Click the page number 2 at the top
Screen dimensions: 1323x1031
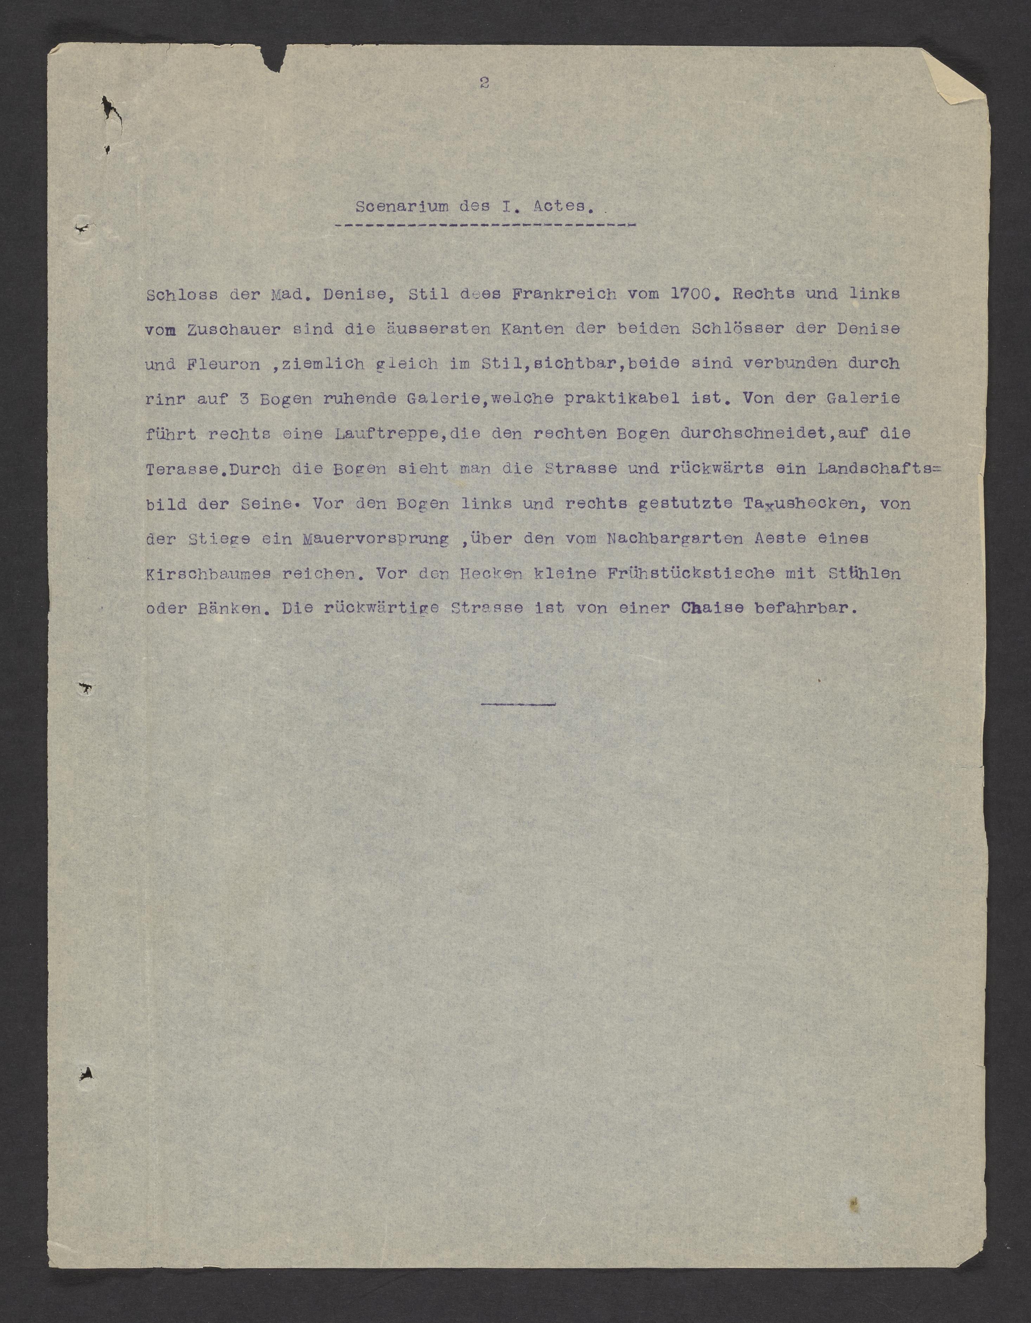pos(484,83)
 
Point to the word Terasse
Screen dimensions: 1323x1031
pos(180,469)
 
